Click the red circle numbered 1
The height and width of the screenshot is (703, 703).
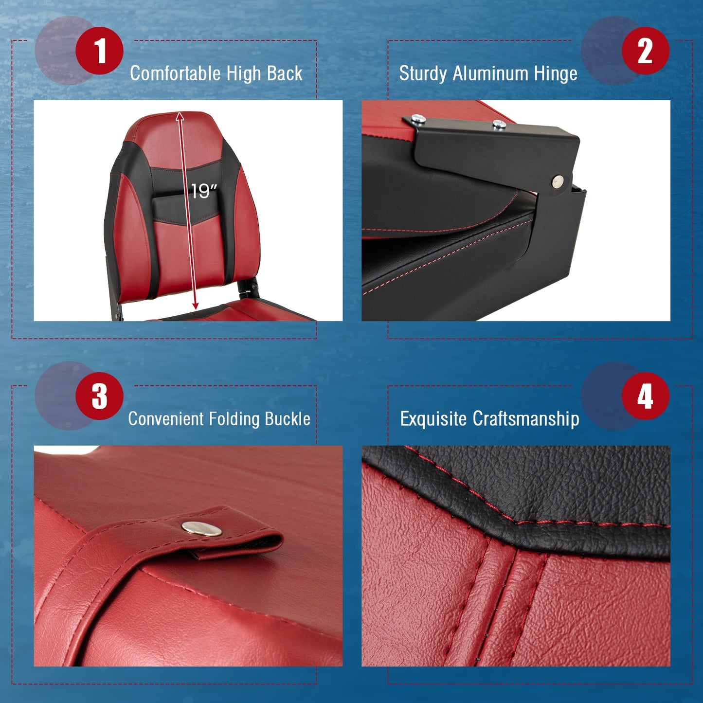99,51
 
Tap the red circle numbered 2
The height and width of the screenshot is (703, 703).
645,51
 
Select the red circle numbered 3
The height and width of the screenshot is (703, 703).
99,396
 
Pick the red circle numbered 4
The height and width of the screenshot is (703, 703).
645,396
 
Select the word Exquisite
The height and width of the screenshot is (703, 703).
433,419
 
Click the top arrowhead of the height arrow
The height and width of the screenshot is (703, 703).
180,116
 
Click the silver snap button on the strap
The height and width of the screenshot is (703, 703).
202,528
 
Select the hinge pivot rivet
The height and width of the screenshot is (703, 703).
558,181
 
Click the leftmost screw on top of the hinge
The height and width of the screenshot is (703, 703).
417,118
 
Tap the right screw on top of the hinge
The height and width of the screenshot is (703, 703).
499,124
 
